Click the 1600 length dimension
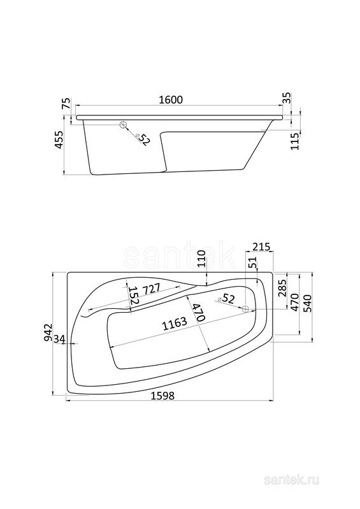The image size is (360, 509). pyautogui.click(x=171, y=99)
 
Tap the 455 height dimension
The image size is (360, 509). pyautogui.click(x=59, y=140)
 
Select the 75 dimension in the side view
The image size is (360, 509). pyautogui.click(x=66, y=104)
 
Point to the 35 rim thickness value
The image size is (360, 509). pyautogui.click(x=287, y=97)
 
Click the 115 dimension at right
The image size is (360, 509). pyautogui.click(x=295, y=141)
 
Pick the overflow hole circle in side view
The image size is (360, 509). pyautogui.click(x=124, y=125)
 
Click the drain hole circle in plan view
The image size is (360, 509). pyautogui.click(x=246, y=309)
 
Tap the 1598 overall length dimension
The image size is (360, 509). pyautogui.click(x=162, y=396)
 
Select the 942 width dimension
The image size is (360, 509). pyautogui.click(x=48, y=332)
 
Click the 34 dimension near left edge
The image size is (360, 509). pyautogui.click(x=59, y=339)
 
